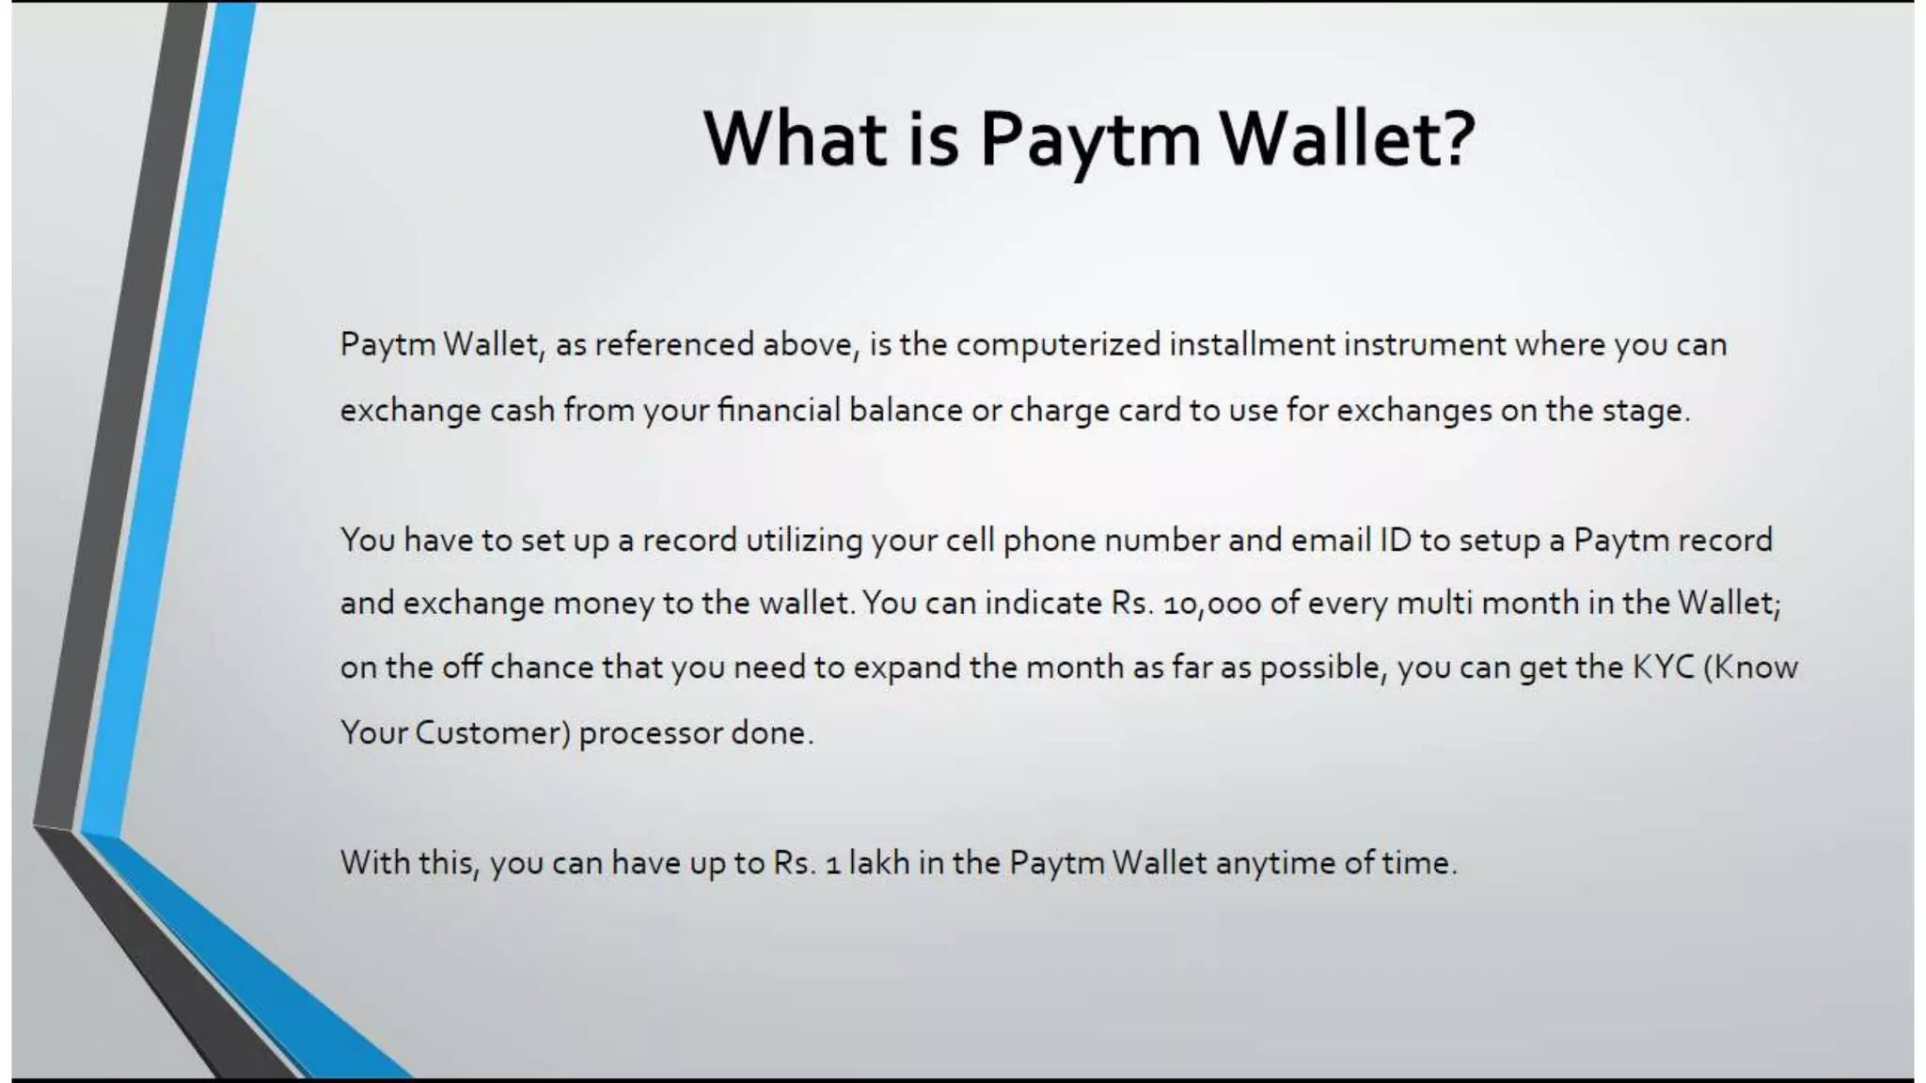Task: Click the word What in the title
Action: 795,139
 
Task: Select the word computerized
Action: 1058,345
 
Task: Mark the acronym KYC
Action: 1663,667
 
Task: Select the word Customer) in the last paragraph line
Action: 493,733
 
